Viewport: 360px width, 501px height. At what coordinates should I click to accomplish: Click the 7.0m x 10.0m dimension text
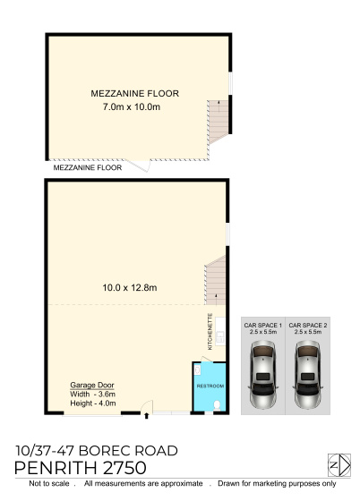132,106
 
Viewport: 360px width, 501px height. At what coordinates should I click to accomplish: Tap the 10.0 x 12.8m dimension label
130,287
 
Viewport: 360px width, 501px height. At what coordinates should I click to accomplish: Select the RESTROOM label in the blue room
210,386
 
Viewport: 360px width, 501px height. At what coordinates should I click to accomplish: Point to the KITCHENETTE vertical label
210,331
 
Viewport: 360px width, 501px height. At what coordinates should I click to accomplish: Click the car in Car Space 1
263,375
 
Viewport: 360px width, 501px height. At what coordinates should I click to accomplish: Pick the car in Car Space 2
307,375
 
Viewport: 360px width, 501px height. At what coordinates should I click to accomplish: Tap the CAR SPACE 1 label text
262,326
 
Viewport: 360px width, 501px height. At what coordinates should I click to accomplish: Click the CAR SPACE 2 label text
307,326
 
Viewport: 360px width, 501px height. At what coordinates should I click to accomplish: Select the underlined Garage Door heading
92,385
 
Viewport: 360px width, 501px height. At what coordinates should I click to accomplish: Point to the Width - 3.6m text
93,394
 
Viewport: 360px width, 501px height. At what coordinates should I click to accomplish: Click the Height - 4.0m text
93,403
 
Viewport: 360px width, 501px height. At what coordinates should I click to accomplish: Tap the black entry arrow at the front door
147,415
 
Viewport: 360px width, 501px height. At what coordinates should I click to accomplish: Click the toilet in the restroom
217,405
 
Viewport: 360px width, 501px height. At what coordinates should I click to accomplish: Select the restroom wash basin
197,370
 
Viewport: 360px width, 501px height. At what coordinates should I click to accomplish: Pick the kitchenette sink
220,336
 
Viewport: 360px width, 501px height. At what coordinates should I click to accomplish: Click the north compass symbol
339,465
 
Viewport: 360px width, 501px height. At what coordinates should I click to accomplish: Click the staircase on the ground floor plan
215,280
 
